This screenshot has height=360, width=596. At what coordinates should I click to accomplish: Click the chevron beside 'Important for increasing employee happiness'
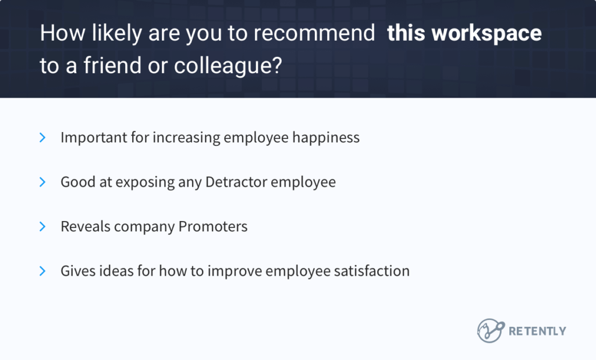click(42, 138)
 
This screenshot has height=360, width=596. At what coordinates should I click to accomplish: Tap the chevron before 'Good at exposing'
click(42, 182)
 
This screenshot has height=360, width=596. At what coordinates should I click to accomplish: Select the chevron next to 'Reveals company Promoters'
click(42, 226)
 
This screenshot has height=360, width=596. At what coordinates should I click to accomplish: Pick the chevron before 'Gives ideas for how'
click(42, 270)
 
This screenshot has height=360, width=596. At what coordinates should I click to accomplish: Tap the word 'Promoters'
click(213, 226)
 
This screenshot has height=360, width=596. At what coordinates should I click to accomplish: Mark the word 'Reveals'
click(85, 226)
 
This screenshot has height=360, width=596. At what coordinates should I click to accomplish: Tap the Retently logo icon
click(490, 330)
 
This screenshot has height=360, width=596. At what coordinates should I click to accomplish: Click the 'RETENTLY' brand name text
click(537, 331)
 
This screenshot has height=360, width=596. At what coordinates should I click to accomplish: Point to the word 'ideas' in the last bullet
click(116, 271)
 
